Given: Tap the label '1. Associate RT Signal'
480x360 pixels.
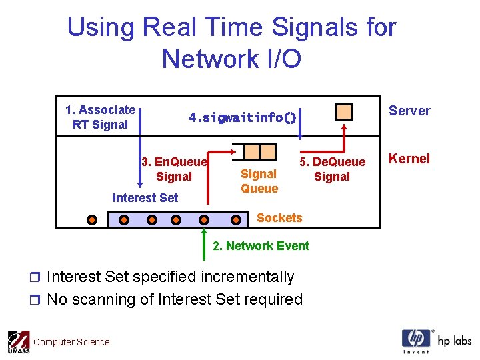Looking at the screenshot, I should [x=100, y=117].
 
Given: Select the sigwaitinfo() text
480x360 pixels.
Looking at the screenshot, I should [x=242, y=118].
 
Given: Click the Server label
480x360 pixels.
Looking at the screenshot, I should [x=409, y=111].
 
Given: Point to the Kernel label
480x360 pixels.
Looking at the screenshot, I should [x=409, y=159].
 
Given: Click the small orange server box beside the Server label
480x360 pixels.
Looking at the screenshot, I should [x=344, y=111].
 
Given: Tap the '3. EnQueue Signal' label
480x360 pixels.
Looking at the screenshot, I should [x=174, y=169].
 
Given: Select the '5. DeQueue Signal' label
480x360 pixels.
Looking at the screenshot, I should [x=332, y=169].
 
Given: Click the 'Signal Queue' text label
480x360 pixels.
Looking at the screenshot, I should [x=259, y=181].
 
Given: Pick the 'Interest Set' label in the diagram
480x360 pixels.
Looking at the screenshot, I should [x=145, y=197].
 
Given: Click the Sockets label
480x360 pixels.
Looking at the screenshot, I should [x=279, y=218].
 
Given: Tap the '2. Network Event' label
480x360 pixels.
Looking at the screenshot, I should [x=261, y=246].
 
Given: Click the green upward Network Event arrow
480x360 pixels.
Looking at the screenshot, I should [x=204, y=243].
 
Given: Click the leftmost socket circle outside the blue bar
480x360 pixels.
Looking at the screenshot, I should [x=92, y=219].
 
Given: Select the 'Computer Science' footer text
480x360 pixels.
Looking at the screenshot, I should [x=71, y=342].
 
